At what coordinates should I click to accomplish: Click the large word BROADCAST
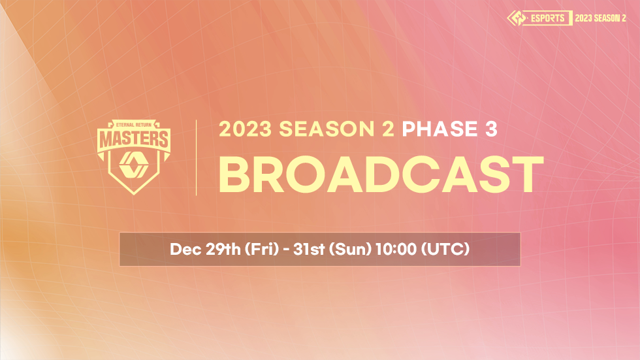(x=381, y=174)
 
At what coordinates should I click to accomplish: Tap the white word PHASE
(x=440, y=129)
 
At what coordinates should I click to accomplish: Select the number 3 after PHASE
(x=491, y=129)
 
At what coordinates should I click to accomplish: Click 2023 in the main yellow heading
(x=246, y=129)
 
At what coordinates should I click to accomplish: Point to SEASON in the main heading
(x=327, y=129)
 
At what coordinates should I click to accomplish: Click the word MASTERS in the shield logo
(x=134, y=139)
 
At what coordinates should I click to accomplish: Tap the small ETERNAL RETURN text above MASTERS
(x=134, y=125)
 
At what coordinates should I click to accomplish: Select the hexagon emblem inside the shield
(x=133, y=165)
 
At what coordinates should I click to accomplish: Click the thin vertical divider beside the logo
(x=197, y=157)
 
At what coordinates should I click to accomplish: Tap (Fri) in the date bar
(x=262, y=249)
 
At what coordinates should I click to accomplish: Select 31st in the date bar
(x=309, y=249)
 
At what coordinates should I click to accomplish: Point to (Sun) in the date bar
(x=350, y=249)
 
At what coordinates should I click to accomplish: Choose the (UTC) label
(x=445, y=249)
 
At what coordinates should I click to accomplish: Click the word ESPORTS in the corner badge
(x=547, y=18)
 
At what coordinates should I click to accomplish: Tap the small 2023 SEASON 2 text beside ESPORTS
(x=600, y=18)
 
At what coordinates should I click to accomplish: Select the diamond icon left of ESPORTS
(x=517, y=18)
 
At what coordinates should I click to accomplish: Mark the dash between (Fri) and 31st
(x=286, y=250)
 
